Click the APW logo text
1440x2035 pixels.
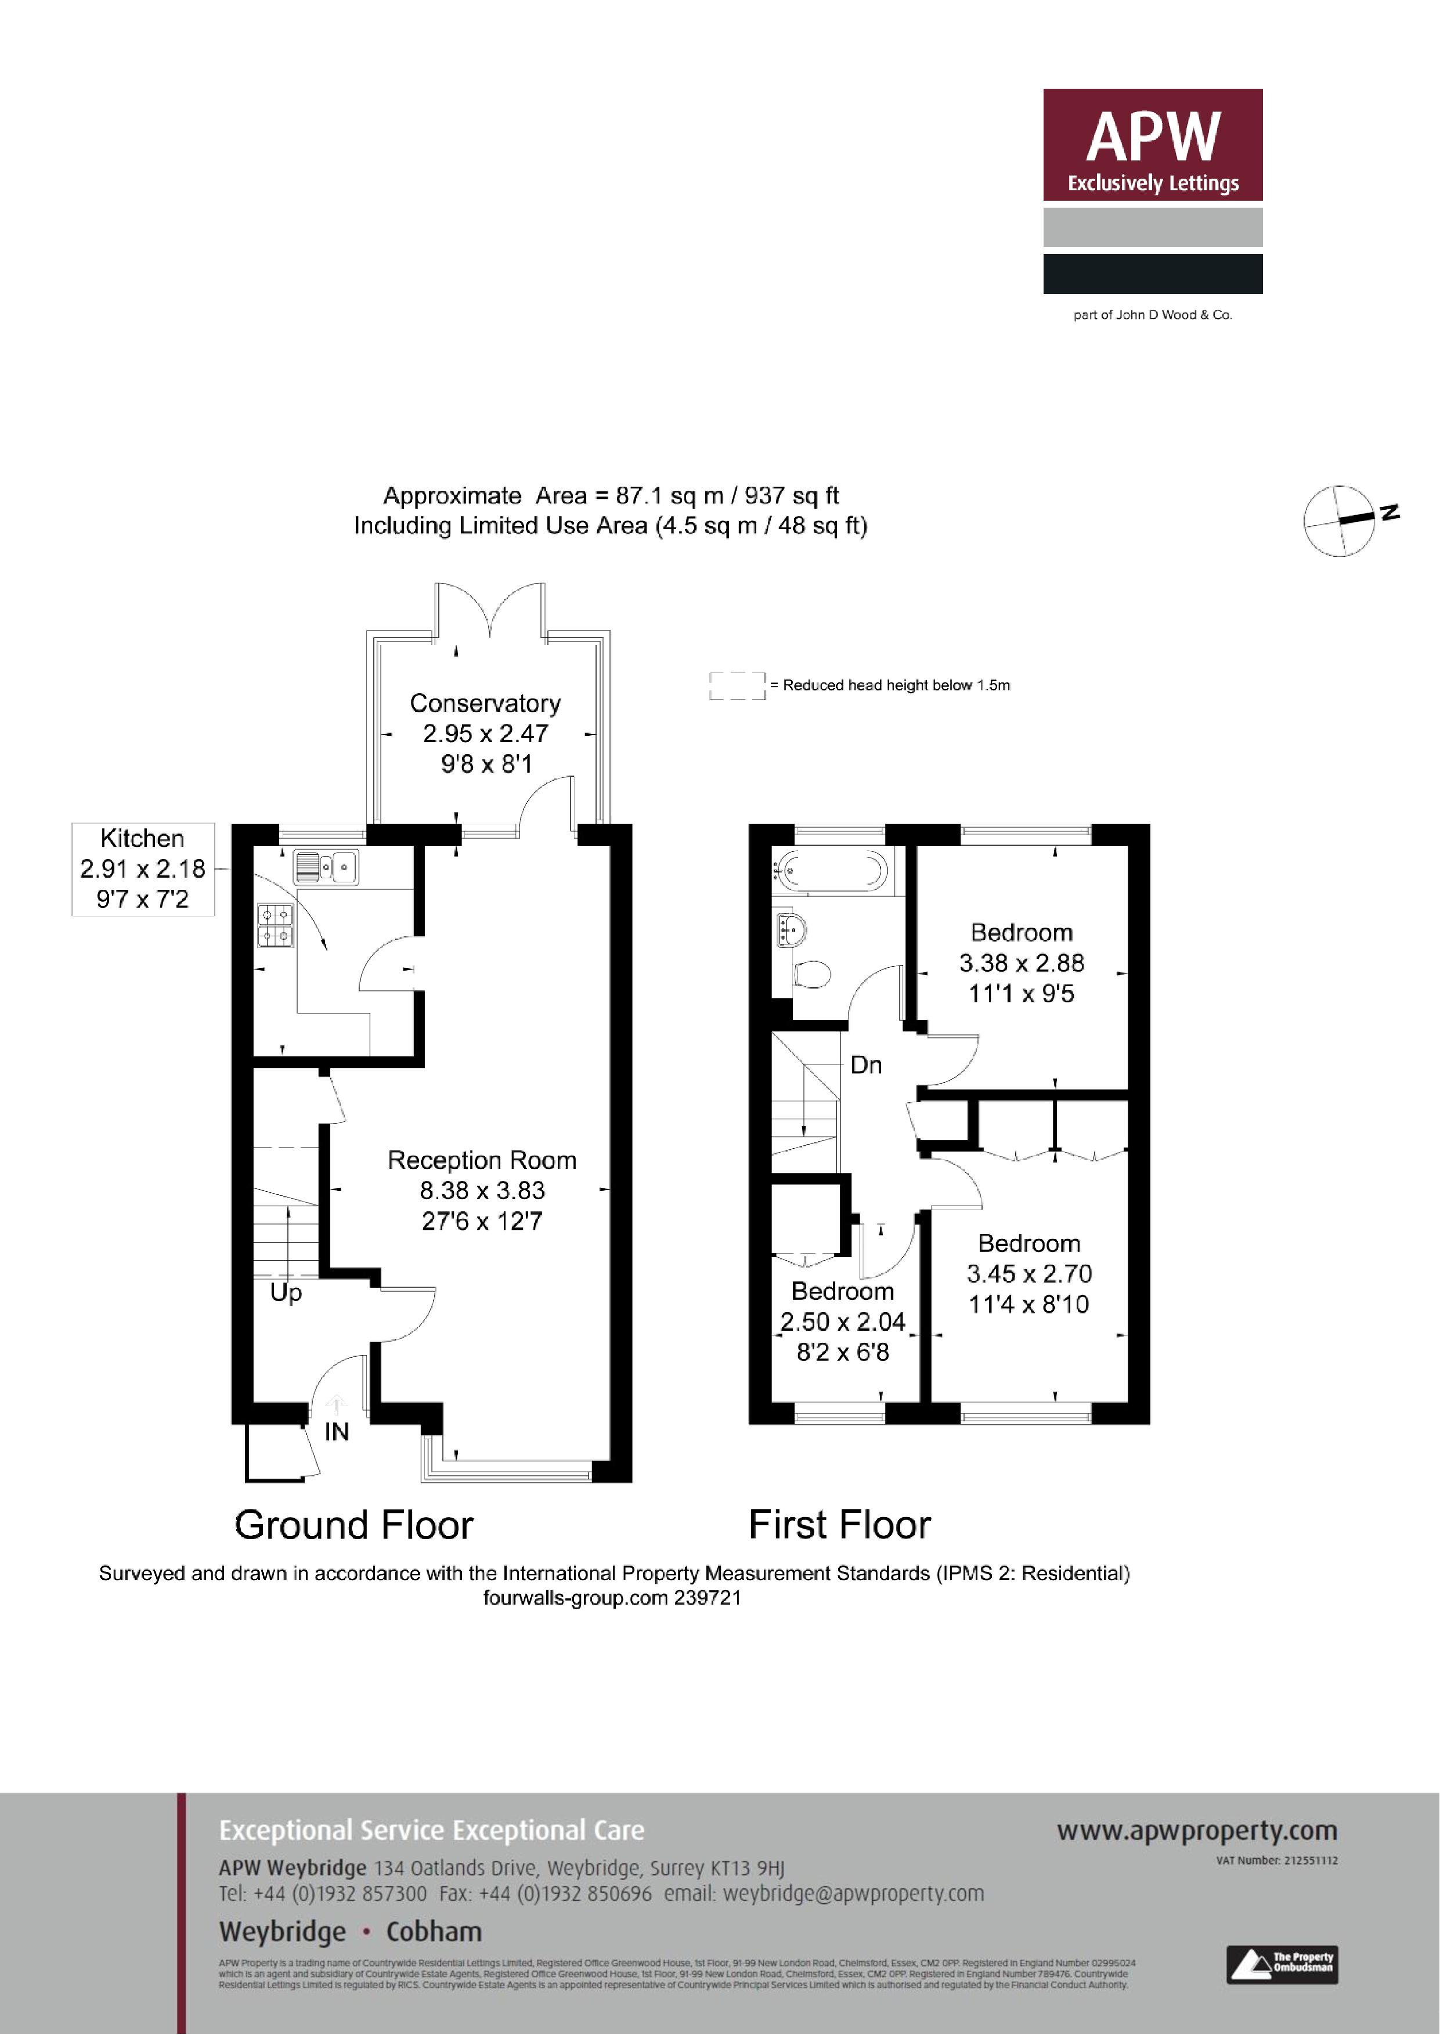coord(1153,137)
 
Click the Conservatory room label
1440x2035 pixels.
coord(485,704)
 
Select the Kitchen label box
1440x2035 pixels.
coord(143,868)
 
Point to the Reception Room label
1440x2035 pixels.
coord(482,1160)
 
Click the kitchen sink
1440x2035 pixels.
coord(326,866)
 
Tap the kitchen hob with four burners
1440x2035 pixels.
coord(276,925)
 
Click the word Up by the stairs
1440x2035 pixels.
coord(286,1292)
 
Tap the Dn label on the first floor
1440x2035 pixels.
coord(865,1064)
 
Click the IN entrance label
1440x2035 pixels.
coord(336,1432)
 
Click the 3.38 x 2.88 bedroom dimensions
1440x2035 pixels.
coord(1022,964)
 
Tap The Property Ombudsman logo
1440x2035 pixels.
coord(1282,1964)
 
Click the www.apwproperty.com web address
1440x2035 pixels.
coord(1196,1830)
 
